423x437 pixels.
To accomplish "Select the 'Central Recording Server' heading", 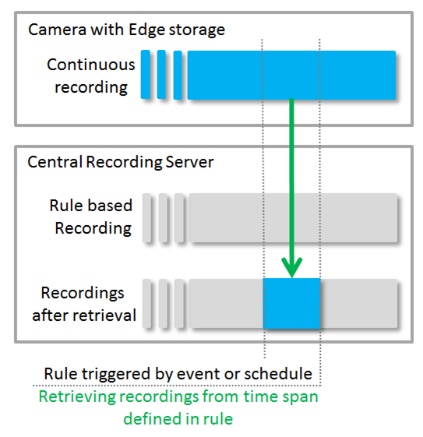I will tap(121, 163).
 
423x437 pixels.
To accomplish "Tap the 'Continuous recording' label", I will tap(90, 76).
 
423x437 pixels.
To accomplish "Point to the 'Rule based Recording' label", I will tap(90, 217).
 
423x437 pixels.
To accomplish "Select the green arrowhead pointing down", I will tap(292, 268).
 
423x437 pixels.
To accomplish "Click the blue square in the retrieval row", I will tap(292, 303).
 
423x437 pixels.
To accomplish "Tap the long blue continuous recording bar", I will tap(291, 75).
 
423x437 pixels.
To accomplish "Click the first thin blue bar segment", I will tap(146, 75).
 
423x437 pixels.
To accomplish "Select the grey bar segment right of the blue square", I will tap(360, 303).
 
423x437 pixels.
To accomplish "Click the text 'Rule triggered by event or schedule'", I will tap(178, 373).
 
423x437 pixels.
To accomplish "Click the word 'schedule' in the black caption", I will tap(282, 373).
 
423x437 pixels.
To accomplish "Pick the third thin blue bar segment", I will tap(178, 75).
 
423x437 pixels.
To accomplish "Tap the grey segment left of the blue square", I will tap(226, 303).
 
